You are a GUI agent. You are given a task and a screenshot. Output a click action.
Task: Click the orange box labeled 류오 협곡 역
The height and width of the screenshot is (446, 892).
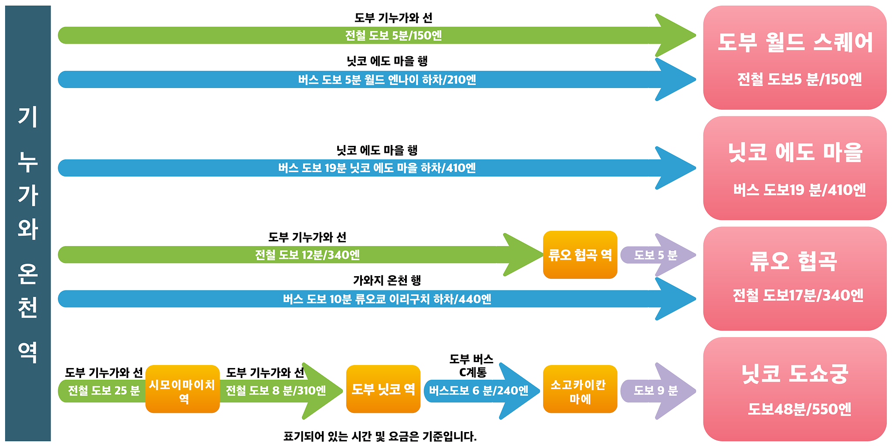580,255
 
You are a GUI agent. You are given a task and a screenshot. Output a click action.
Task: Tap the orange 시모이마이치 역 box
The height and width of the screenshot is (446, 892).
182,389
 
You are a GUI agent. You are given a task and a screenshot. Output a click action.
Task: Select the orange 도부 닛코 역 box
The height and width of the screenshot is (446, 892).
383,389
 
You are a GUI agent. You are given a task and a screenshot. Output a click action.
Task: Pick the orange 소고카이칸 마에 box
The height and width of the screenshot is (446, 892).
580,389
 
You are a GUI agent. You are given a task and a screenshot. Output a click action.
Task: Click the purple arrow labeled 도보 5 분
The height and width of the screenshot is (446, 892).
658,255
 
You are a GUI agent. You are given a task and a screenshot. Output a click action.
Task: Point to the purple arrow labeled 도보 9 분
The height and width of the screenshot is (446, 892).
658,391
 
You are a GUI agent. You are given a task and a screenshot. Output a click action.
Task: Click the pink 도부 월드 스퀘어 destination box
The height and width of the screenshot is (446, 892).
795,57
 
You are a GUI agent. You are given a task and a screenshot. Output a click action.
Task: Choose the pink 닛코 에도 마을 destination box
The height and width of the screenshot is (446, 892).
795,168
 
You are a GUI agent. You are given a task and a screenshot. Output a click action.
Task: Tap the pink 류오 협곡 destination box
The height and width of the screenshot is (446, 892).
795,279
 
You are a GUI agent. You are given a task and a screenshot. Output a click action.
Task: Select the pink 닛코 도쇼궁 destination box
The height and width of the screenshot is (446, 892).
795,389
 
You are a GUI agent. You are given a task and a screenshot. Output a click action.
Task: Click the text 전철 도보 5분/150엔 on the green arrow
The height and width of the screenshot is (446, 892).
393,35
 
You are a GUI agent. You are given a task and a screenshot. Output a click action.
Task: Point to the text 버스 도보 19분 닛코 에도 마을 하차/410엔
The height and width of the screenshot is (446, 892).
377,168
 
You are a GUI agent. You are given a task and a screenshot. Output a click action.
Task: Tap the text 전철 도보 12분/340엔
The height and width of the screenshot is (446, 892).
307,255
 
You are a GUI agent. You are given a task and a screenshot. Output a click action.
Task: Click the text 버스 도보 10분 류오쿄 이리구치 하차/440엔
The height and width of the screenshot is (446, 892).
387,299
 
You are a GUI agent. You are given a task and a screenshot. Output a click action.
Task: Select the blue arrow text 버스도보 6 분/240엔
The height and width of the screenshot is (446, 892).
478,391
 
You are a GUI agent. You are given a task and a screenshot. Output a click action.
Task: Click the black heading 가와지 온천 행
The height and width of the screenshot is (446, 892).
387,280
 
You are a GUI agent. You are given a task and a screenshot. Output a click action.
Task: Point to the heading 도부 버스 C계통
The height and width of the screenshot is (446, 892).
472,366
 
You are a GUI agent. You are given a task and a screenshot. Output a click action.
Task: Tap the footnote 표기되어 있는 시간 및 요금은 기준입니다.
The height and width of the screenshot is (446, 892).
380,436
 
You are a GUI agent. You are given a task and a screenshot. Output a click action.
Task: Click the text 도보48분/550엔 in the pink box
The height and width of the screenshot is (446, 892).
799,409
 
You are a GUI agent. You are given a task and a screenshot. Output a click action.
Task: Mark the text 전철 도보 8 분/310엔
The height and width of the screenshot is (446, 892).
276,391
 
